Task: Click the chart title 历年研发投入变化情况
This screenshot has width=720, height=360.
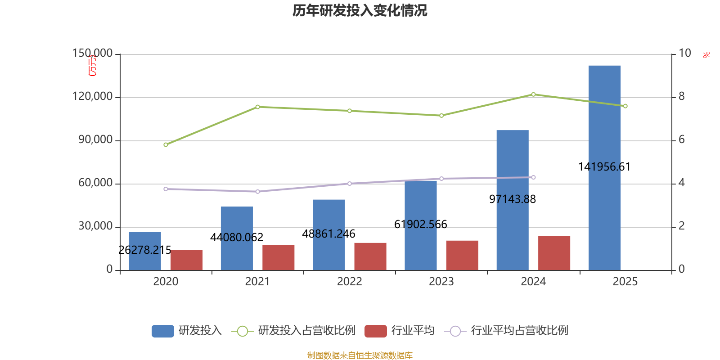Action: point(360,10)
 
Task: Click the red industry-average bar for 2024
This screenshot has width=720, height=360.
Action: point(554,253)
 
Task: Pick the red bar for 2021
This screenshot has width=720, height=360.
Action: point(278,257)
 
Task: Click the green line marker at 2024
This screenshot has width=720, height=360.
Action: point(533,94)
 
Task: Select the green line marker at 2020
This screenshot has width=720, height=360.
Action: point(166,144)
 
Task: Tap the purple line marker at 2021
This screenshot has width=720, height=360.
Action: point(257,192)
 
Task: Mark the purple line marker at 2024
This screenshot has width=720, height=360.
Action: point(533,177)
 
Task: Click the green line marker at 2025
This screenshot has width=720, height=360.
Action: point(625,106)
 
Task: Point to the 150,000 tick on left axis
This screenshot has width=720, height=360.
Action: point(93,54)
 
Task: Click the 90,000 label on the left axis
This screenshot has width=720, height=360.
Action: point(95,140)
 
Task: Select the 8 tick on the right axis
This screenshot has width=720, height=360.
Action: point(681,97)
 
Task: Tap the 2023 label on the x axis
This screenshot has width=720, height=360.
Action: point(441,282)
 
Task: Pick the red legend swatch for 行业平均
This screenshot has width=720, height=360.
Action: point(376,331)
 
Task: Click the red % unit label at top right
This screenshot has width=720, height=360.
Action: point(706,55)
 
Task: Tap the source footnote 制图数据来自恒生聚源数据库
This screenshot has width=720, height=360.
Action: point(360,355)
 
